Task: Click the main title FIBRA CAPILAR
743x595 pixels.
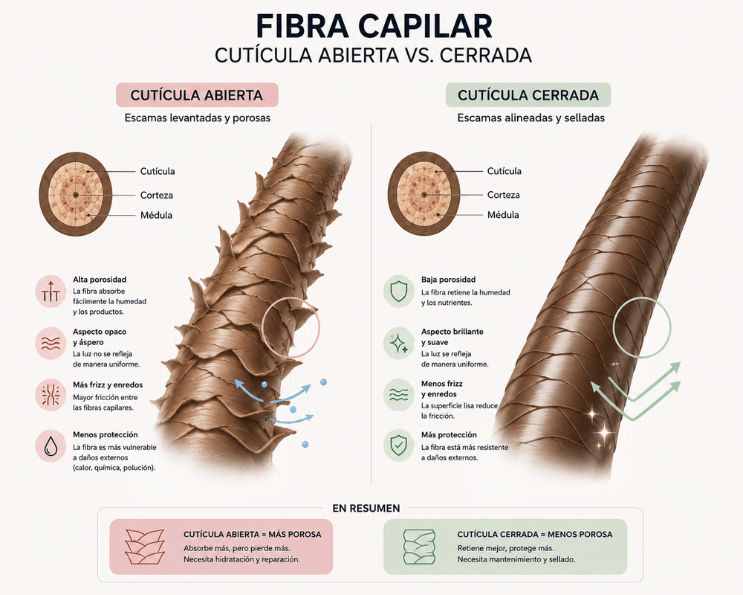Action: [x=374, y=27]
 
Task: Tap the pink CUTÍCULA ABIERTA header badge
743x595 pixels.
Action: [x=197, y=95]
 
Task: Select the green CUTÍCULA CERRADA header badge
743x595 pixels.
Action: [x=528, y=95]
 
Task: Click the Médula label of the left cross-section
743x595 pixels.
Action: [x=156, y=216]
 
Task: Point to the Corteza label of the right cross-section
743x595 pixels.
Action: [x=503, y=195]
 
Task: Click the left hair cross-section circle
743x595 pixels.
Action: [x=75, y=194]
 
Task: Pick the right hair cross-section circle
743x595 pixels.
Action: [x=424, y=194]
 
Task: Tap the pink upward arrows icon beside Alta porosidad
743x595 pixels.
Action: [x=51, y=292]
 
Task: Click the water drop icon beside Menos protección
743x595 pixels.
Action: [x=51, y=446]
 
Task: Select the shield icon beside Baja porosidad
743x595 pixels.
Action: [x=398, y=292]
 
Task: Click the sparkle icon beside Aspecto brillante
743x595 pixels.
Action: [x=398, y=343]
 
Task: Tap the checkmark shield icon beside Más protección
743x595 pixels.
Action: [x=398, y=446]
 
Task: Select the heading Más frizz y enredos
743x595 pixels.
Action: [x=108, y=385]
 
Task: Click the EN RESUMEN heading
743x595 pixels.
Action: [x=366, y=509]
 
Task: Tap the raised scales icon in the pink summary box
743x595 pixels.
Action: [x=145, y=547]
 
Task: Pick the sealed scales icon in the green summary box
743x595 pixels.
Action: [x=419, y=547]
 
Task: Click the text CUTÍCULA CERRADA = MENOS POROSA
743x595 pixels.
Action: [x=534, y=535]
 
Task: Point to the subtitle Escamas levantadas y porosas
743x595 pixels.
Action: [x=197, y=118]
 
